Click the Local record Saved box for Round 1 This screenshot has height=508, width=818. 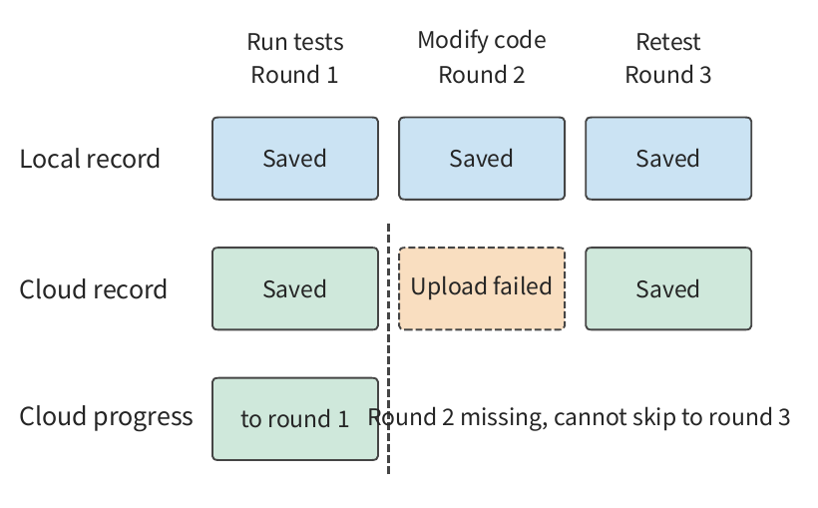[295, 159]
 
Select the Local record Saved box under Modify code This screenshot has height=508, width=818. [482, 159]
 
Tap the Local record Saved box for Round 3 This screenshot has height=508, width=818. [668, 159]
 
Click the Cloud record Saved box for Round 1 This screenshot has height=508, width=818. [295, 288]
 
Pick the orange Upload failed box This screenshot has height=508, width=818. [482, 288]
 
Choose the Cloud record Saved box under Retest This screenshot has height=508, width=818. [668, 288]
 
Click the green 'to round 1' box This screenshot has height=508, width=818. [295, 419]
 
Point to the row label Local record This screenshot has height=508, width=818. [90, 159]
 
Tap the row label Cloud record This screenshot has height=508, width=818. [94, 289]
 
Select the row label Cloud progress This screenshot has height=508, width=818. [106, 417]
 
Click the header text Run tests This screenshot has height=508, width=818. [295, 42]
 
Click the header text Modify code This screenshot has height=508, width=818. [482, 41]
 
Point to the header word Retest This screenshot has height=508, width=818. [668, 42]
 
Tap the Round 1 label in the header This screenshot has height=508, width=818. [294, 75]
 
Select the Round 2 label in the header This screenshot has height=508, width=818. [482, 75]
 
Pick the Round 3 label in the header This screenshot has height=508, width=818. [668, 75]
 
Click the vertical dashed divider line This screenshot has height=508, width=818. [389, 348]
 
